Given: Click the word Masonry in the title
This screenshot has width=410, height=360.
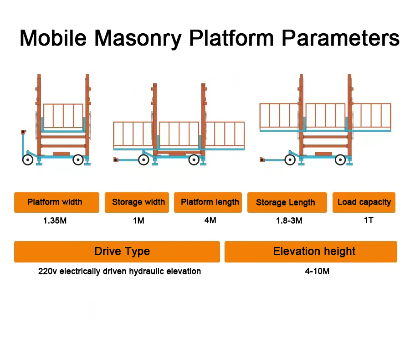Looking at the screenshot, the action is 138,39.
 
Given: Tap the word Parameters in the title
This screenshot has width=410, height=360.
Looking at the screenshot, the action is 340,38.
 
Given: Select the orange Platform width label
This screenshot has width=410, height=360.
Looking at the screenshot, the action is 57,202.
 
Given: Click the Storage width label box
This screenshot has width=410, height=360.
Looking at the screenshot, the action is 137,202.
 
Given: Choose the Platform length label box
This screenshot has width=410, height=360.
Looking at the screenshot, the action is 208,202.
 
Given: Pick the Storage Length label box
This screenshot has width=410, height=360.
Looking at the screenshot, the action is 287,202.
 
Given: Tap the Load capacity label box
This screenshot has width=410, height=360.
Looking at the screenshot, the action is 364,202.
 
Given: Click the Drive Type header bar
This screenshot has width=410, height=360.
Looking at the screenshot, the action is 117,252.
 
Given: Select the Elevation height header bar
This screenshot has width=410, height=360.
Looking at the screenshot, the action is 311,252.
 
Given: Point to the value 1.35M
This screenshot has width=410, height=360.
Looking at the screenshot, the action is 55,221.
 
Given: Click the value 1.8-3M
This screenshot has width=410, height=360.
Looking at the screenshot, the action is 289,221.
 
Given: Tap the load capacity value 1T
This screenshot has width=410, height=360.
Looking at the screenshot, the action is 369,220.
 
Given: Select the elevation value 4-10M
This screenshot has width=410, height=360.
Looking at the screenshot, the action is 317,271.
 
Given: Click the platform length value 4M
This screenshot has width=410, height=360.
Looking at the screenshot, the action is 210,220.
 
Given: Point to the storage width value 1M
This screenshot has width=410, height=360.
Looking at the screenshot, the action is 138,221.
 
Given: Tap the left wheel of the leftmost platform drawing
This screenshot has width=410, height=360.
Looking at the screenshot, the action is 28,159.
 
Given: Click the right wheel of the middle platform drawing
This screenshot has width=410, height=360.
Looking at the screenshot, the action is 194,159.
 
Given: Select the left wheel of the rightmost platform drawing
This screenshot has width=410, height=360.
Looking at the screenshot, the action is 290,159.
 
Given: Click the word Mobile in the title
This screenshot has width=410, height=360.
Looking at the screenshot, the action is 53,38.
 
